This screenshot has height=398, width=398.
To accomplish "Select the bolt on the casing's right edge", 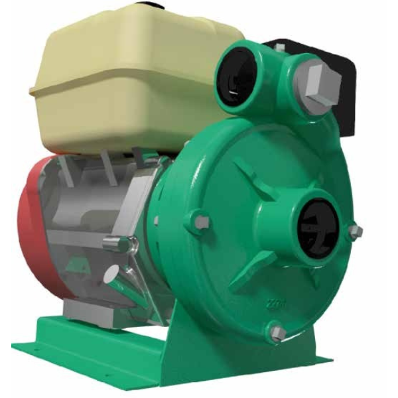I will [x=356, y=232].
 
